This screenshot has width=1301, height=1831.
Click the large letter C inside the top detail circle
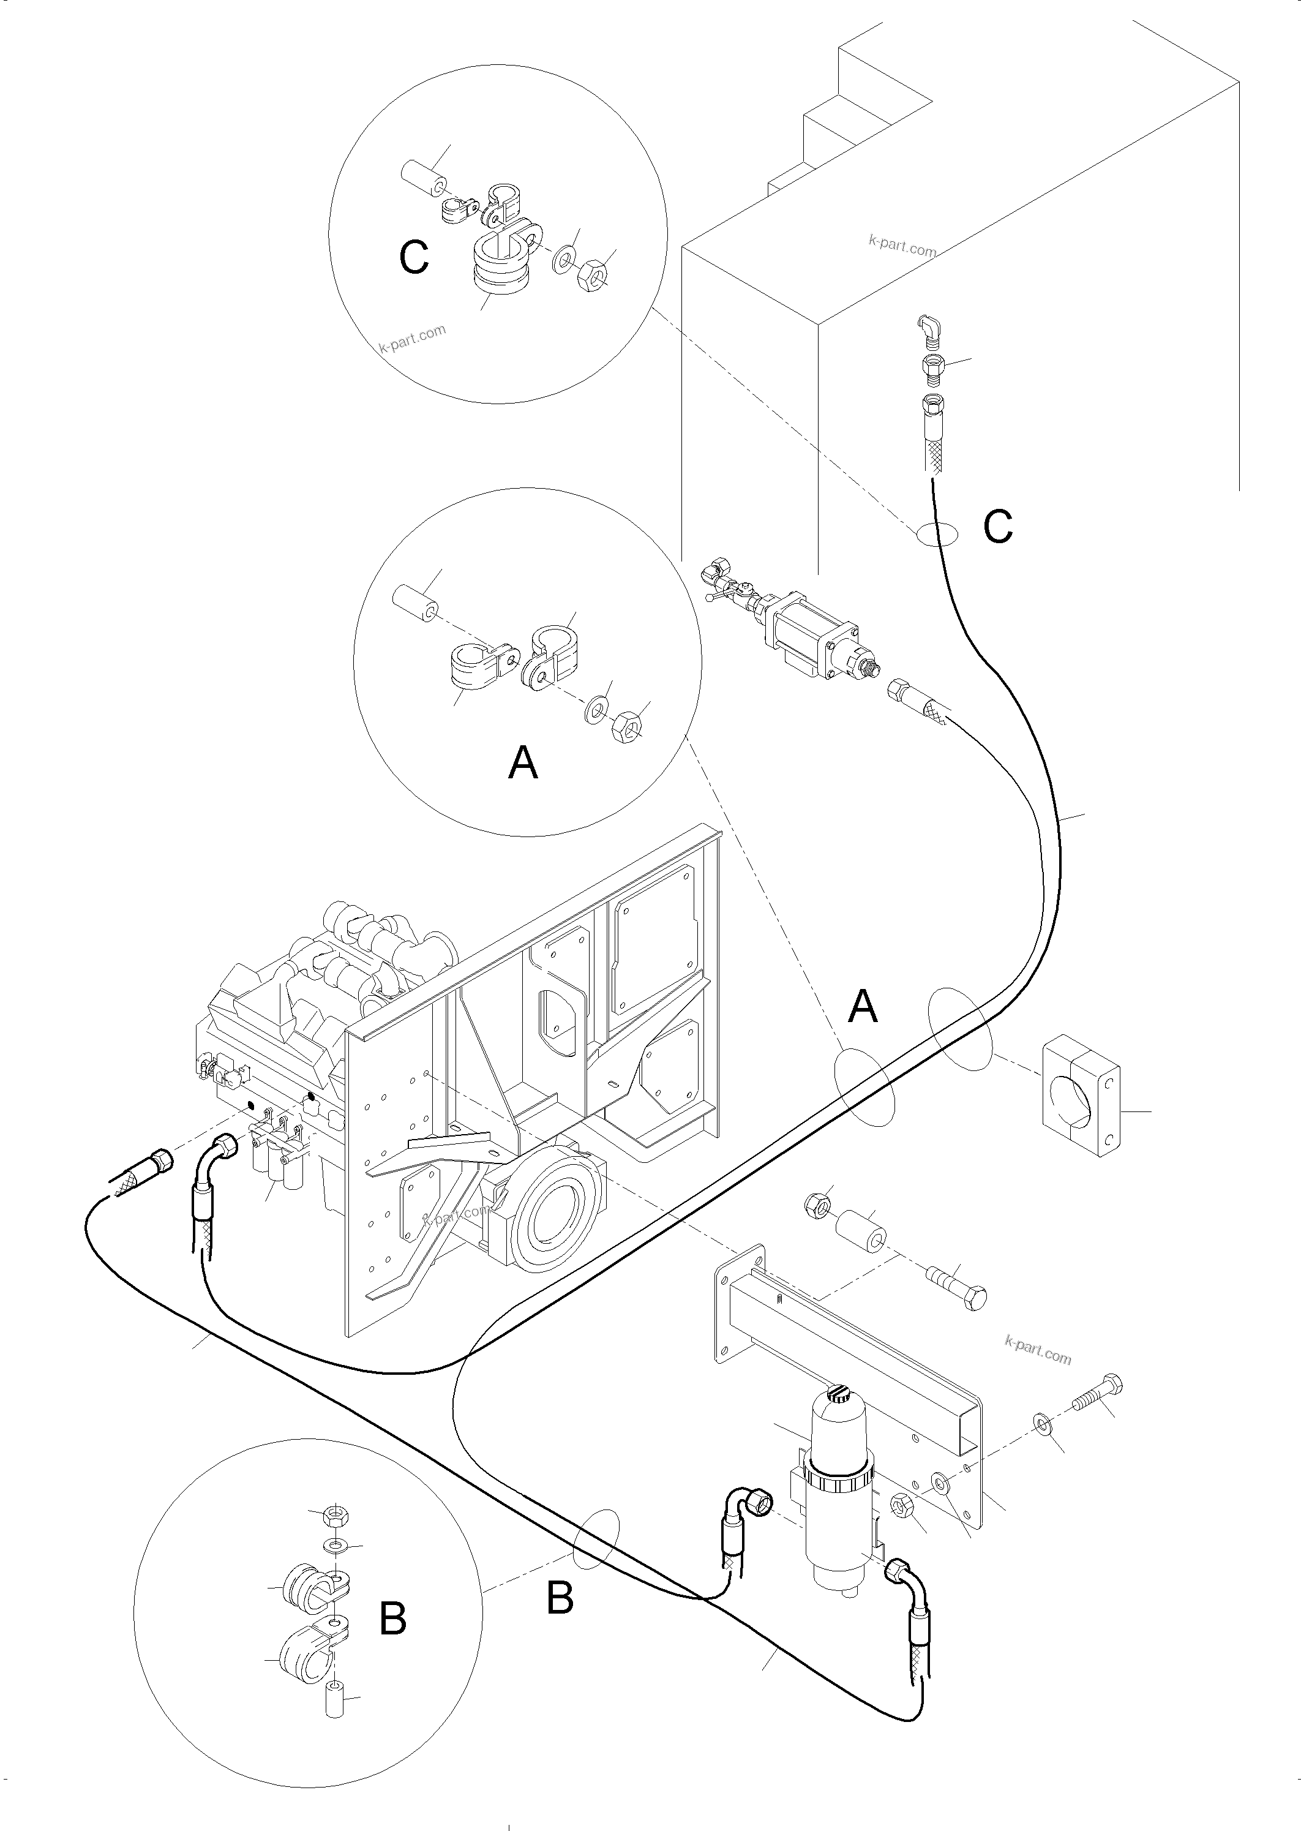point(414,258)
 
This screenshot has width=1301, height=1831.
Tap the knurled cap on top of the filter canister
point(841,1395)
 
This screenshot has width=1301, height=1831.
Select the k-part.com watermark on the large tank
point(902,244)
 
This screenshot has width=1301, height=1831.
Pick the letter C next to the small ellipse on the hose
point(998,527)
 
